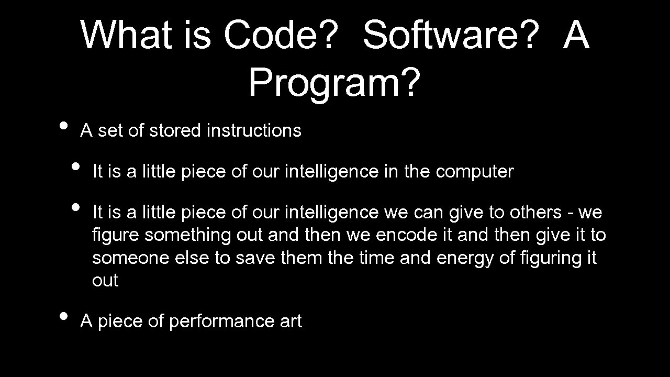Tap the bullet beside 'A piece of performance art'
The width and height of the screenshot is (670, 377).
(63, 316)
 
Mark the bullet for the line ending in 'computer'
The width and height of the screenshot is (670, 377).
(76, 167)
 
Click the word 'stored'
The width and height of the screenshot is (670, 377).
(175, 130)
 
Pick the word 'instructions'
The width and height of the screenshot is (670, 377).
(254, 130)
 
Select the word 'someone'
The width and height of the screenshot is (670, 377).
(127, 258)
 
